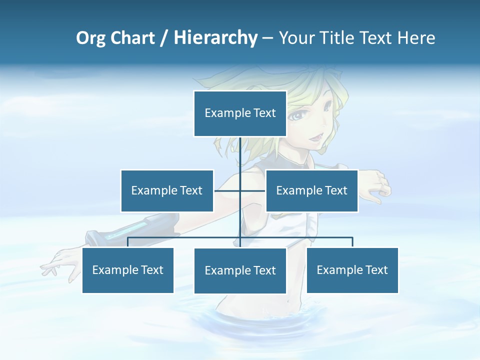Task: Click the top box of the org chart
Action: [240, 113]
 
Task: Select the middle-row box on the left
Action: [167, 190]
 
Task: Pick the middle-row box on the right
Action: [311, 190]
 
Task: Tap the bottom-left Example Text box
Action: [128, 270]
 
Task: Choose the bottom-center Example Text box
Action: [240, 270]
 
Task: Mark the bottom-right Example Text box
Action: [352, 270]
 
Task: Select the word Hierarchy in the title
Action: [215, 38]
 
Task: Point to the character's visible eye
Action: [297, 116]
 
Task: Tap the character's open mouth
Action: [317, 136]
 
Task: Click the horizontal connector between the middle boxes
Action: [240, 190]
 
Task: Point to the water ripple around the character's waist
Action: [240, 320]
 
